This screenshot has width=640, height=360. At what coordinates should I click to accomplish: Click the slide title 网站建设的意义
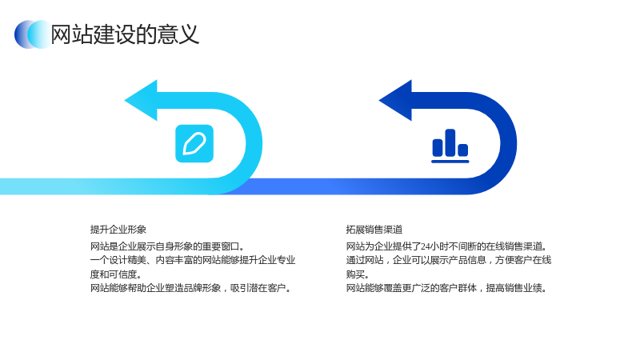(x=125, y=34)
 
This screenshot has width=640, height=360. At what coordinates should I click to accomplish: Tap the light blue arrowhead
(x=141, y=101)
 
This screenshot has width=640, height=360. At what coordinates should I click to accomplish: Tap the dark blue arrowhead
(x=395, y=101)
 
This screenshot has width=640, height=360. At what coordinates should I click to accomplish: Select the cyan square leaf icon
(x=194, y=144)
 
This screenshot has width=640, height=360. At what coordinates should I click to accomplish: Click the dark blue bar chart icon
(x=450, y=146)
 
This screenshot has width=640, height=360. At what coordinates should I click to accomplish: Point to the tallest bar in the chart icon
(x=450, y=142)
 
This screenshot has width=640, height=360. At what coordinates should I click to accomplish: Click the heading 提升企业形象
(x=118, y=230)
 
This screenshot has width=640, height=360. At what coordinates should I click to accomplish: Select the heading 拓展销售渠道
(x=374, y=230)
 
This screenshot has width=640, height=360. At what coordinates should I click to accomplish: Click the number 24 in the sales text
(x=426, y=246)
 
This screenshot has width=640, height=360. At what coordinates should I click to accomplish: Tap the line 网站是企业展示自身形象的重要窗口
(x=167, y=246)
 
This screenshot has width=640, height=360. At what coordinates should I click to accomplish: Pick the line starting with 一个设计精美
(x=193, y=260)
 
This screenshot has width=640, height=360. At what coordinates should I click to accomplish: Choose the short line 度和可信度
(x=116, y=274)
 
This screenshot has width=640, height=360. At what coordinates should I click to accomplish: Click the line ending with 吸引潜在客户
(x=191, y=288)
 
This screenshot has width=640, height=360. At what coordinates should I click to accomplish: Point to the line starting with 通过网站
(x=449, y=260)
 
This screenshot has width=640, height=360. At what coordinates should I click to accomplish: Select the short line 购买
(x=358, y=274)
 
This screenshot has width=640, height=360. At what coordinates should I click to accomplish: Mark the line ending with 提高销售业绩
(x=446, y=288)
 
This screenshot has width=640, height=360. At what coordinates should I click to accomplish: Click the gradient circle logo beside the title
(x=33, y=34)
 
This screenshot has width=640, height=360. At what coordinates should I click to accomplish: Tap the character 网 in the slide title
(x=62, y=34)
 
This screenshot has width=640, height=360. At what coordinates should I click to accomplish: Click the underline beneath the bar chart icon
(x=450, y=162)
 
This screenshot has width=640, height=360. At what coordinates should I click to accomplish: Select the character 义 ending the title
(x=189, y=34)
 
